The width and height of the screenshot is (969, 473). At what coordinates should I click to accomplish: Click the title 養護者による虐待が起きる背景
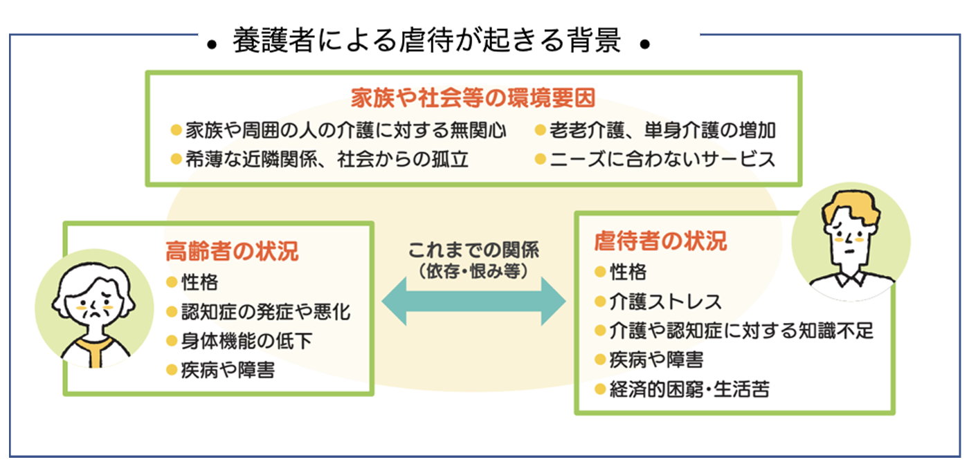tap(426, 42)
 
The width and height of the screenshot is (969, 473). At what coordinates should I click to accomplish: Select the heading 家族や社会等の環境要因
tap(473, 98)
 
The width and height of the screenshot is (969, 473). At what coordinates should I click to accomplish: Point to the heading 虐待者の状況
tap(660, 241)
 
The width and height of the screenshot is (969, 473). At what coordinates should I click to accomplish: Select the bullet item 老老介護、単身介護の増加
tap(662, 129)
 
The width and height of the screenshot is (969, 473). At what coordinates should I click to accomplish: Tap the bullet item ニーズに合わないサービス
tap(662, 160)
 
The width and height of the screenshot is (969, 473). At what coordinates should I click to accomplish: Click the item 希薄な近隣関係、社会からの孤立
tap(327, 160)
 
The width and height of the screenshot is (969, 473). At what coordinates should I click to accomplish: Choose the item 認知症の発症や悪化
tap(266, 311)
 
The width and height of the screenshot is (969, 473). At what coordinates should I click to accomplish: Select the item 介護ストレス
tap(665, 302)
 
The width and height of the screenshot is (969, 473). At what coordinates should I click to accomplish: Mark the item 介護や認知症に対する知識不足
tap(741, 331)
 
